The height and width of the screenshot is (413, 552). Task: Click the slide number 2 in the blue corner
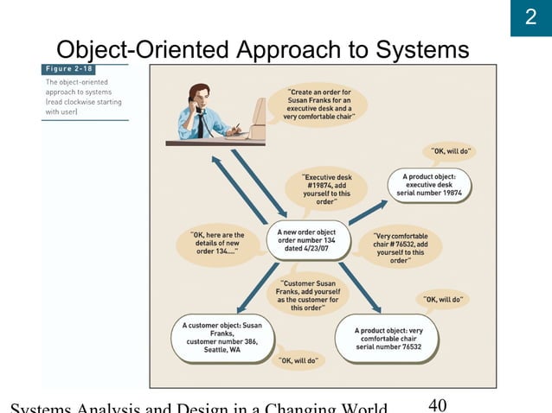[x=530, y=18]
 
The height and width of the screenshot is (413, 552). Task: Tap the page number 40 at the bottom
[x=439, y=403]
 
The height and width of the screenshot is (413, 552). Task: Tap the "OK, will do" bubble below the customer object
[x=298, y=359]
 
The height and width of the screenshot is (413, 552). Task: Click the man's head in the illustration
[x=198, y=93]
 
